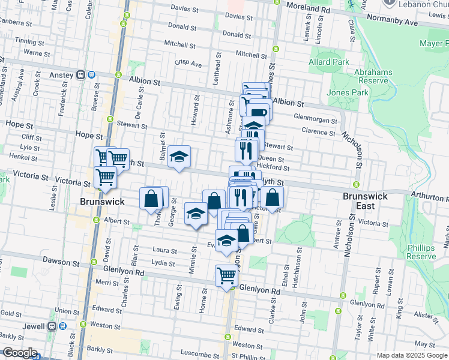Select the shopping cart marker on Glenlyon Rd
[227, 276]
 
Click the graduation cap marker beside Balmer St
[179, 157]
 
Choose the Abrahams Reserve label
[373, 76]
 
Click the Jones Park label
[347, 92]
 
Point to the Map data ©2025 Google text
[412, 355]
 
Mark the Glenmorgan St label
[315, 118]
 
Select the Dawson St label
[60, 263]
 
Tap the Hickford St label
[273, 168]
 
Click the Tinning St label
[30, 41]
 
